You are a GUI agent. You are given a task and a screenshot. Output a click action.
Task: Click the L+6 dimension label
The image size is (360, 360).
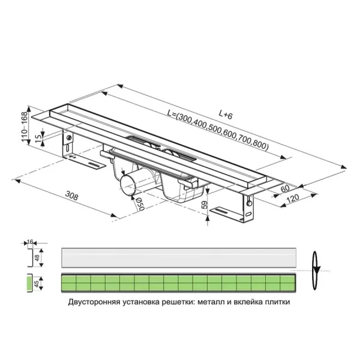click(x=225, y=115)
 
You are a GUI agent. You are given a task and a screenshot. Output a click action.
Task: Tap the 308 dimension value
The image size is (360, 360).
click(x=72, y=196)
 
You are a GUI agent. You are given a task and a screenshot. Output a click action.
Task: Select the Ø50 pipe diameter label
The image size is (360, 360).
click(x=140, y=205)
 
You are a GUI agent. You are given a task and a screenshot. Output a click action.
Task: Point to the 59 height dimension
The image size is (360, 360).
click(x=205, y=205)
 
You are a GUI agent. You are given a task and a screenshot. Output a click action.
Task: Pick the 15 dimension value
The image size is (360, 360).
click(x=38, y=138)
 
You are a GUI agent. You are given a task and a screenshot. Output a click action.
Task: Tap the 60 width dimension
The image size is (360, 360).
click(x=285, y=188)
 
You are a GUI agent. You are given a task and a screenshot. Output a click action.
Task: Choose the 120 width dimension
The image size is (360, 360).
click(x=292, y=198)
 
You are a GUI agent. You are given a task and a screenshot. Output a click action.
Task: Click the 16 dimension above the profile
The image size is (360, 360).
click(x=30, y=241)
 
